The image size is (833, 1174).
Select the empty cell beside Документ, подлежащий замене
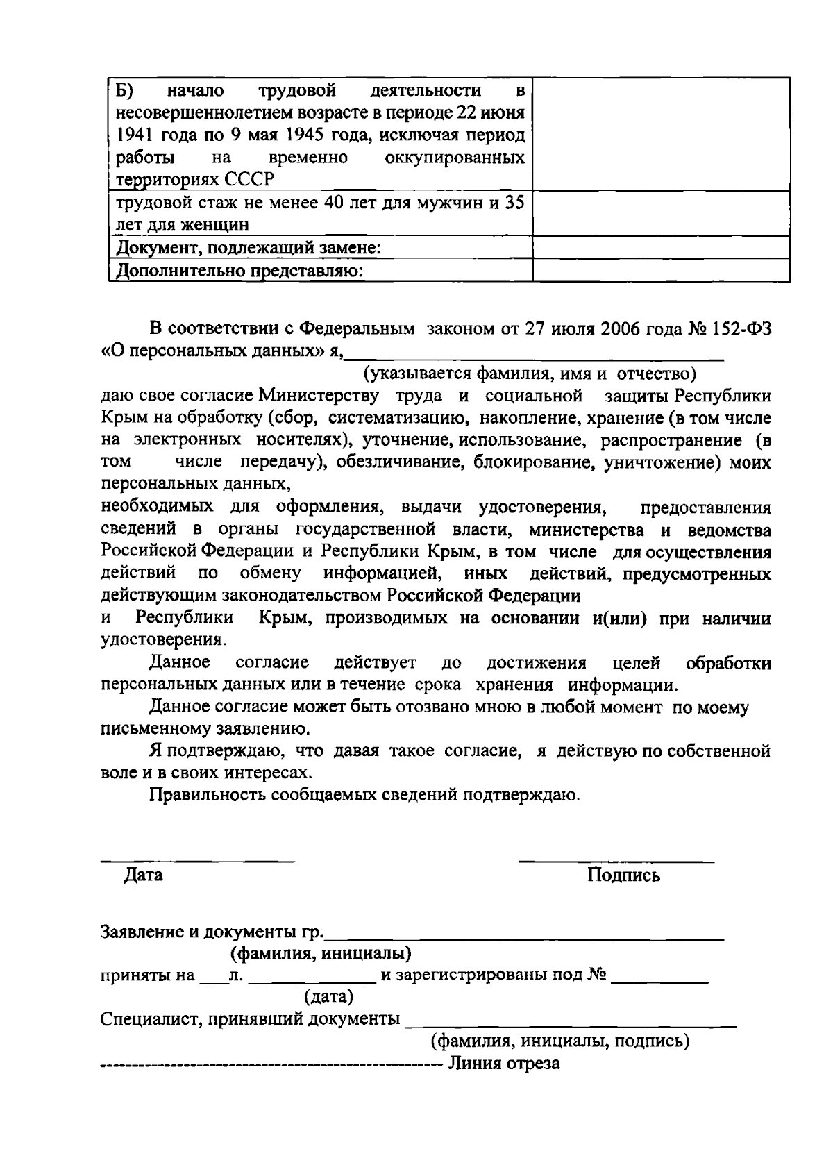pyautogui.click(x=660, y=248)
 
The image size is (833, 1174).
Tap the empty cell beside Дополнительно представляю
pyautogui.click(x=660, y=270)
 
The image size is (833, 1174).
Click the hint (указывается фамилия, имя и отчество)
pyautogui.click(x=530, y=374)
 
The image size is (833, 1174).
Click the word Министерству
pyautogui.click(x=319, y=396)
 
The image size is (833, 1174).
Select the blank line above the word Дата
pyautogui.click(x=198, y=861)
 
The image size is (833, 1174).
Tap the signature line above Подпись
pyautogui.click(x=616, y=861)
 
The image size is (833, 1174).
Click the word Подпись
pyautogui.click(x=623, y=875)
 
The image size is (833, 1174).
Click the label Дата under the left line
pyautogui.click(x=143, y=875)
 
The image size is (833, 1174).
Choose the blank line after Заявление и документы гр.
pyautogui.click(x=525, y=937)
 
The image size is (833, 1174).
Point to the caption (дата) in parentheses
pyautogui.click(x=328, y=997)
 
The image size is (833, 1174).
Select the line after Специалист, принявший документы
pyautogui.click(x=570, y=1024)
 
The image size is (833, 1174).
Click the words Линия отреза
pyautogui.click(x=504, y=1064)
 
